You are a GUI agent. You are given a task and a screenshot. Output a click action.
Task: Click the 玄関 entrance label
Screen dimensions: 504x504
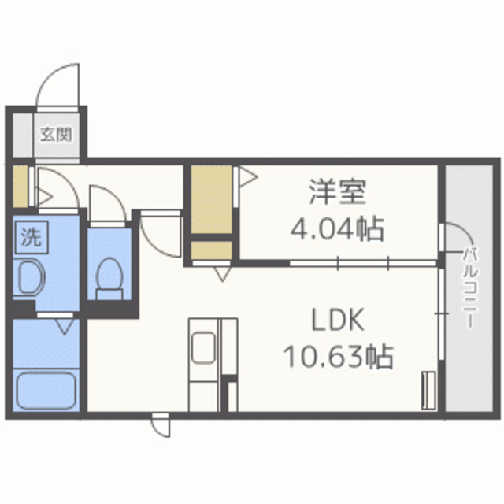coord(56,133)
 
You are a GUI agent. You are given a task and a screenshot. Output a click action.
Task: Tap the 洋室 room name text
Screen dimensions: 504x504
coord(337,191)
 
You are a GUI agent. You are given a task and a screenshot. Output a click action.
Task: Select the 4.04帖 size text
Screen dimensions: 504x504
coord(336,228)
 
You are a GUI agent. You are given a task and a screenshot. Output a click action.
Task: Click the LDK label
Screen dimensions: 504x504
coord(337,321)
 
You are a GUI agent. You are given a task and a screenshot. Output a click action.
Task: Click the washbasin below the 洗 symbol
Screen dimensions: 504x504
coord(31,278)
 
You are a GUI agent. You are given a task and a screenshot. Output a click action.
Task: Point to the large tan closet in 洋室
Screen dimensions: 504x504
coord(212,199)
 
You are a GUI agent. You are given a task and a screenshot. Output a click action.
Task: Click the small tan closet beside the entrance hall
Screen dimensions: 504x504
coord(19,183)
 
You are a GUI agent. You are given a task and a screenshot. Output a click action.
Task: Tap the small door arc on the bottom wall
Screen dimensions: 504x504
coord(161,426)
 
